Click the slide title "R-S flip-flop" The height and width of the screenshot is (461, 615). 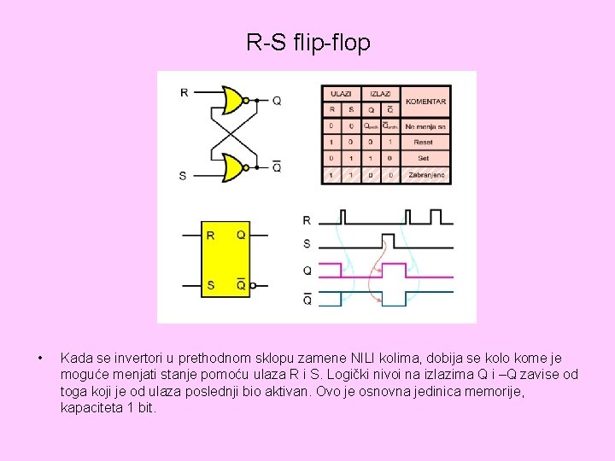[x=308, y=42]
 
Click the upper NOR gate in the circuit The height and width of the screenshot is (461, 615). [x=231, y=100]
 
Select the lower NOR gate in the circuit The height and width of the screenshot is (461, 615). [x=231, y=167]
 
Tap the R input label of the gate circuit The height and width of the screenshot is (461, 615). [x=184, y=92]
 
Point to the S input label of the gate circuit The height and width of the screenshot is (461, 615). [x=183, y=176]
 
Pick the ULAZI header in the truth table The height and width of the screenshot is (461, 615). [x=342, y=93]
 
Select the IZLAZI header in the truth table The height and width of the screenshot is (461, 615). [x=381, y=93]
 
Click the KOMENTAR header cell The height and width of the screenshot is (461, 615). [x=425, y=102]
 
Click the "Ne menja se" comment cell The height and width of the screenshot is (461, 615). [x=425, y=126]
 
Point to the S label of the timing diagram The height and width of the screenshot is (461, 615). [x=307, y=244]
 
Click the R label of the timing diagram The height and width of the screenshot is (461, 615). [x=307, y=220]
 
